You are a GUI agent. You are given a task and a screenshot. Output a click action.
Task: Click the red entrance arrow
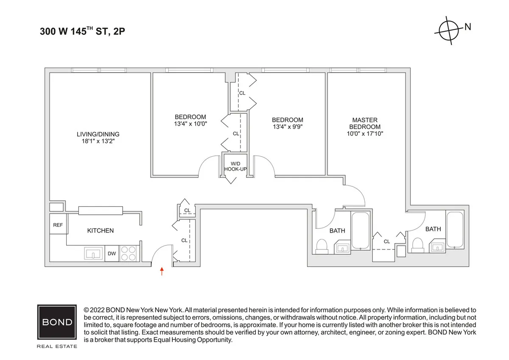point(162,271)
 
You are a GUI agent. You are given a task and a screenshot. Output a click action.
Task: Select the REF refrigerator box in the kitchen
point(58,225)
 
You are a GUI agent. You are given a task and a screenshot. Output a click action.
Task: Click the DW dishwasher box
point(112,254)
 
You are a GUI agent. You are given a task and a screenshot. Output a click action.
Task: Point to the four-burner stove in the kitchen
point(129,254)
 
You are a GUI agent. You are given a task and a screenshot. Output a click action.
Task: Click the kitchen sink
point(93,254)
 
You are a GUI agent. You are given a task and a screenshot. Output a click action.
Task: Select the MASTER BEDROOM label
point(365,124)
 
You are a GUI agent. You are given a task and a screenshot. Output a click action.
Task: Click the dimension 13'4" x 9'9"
point(288,127)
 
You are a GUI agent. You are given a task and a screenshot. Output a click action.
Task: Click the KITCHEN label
point(101,231)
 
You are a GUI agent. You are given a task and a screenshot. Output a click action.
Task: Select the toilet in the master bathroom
point(418,245)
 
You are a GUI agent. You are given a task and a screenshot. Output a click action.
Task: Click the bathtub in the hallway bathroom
point(361,231)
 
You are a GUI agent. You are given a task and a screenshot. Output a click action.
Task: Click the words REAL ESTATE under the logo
point(57,346)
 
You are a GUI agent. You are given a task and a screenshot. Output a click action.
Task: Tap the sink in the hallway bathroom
point(342,247)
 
